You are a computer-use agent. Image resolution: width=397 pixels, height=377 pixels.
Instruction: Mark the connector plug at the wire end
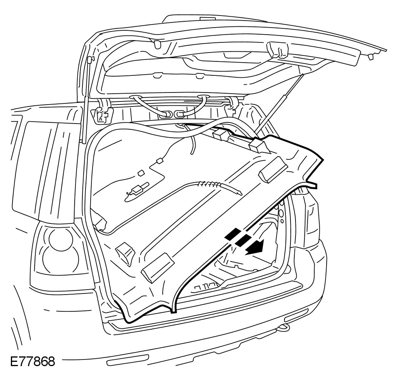[136, 190]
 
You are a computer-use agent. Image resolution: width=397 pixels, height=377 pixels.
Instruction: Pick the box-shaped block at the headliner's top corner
[259, 146]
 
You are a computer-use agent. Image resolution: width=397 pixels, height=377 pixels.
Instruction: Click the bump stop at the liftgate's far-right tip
[371, 57]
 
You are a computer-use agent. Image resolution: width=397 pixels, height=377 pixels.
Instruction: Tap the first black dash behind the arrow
[231, 234]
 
